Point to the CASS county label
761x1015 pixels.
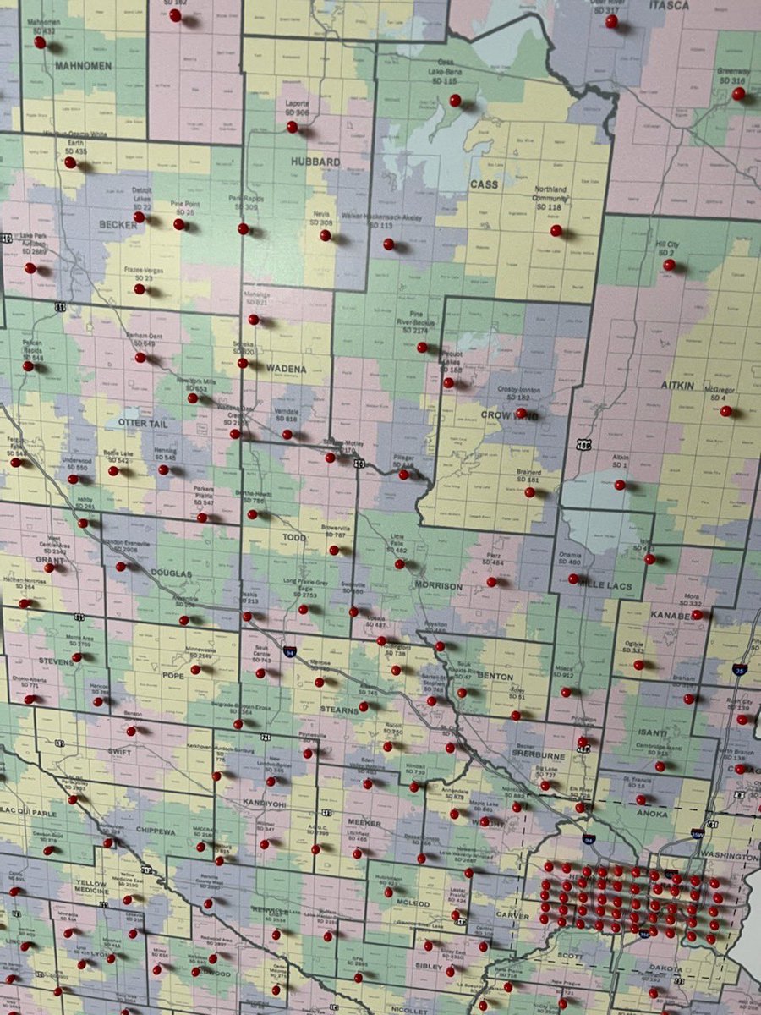click(x=484, y=184)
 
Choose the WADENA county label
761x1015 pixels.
click(x=287, y=370)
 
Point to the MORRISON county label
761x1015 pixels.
click(x=438, y=585)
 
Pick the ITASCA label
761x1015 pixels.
click(x=669, y=5)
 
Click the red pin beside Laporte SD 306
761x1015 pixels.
click(x=292, y=127)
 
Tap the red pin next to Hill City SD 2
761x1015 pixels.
click(x=668, y=265)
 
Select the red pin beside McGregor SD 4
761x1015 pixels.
click(x=725, y=411)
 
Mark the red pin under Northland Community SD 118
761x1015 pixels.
click(x=556, y=230)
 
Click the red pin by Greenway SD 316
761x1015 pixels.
click(x=738, y=93)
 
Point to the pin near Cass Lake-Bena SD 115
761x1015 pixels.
click(x=455, y=100)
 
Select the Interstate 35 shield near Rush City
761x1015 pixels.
click(x=738, y=669)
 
